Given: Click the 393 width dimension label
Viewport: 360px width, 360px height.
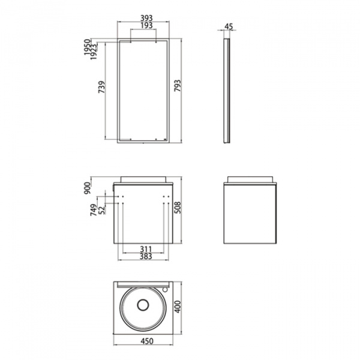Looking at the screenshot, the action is pyautogui.click(x=146, y=18).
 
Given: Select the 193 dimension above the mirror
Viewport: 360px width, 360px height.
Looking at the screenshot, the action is pyautogui.click(x=146, y=25).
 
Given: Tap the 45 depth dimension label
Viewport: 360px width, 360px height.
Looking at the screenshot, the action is pyautogui.click(x=229, y=26).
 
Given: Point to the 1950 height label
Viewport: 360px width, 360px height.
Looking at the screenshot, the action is pyautogui.click(x=88, y=47).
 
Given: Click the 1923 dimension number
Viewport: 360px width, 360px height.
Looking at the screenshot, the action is pyautogui.click(x=94, y=52).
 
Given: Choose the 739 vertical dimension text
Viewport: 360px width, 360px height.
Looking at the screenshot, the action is pyautogui.click(x=102, y=87).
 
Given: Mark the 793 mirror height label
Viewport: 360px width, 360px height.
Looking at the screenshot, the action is pyautogui.click(x=178, y=86).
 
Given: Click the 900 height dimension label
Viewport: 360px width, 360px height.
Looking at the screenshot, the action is pyautogui.click(x=88, y=188).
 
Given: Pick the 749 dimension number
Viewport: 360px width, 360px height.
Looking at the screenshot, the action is pyautogui.click(x=94, y=210).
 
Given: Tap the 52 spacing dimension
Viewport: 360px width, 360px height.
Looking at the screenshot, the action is pyautogui.click(x=101, y=210).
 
